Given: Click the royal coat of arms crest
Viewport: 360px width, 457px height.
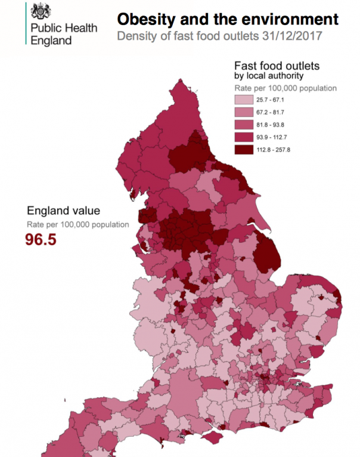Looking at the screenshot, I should [41, 11].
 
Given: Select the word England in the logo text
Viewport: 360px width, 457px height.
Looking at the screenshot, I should [51, 41].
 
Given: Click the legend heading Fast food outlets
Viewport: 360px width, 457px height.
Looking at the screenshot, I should [277, 66].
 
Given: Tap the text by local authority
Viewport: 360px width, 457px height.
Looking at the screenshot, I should [268, 76].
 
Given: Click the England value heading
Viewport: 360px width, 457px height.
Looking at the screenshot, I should [63, 211].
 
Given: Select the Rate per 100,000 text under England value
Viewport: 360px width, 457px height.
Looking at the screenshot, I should [77, 225].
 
